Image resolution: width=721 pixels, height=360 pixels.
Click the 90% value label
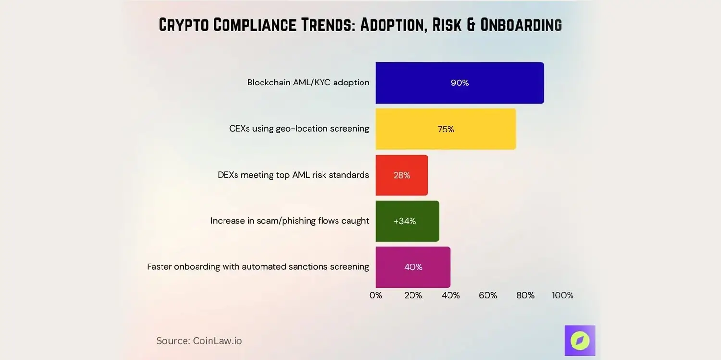click(460, 83)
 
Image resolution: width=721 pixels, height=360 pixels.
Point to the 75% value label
click(446, 129)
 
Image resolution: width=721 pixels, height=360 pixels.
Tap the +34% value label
click(404, 221)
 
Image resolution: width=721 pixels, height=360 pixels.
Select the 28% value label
click(401, 175)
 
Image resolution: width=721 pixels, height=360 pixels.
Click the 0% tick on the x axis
click(375, 295)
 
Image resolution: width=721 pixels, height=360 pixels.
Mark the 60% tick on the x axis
click(487, 295)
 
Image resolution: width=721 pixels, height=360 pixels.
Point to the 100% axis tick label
click(562, 295)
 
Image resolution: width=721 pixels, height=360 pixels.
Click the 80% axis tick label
click(525, 295)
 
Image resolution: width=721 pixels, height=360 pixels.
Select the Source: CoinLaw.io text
click(199, 341)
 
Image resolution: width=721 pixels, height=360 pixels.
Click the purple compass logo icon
click(580, 340)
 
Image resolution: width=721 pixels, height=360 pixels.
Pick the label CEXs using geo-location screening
click(299, 129)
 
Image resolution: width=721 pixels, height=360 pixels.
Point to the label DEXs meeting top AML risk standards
click(293, 175)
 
